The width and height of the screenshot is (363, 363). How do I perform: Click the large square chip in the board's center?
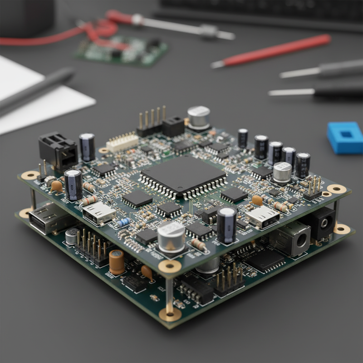pyautogui.click(x=183, y=175)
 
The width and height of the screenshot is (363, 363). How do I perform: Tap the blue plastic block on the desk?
pyautogui.click(x=346, y=137)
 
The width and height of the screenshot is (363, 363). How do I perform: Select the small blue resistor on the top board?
pyautogui.click(x=123, y=222)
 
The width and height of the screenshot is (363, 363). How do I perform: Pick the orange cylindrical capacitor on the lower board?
pyautogui.click(x=117, y=262)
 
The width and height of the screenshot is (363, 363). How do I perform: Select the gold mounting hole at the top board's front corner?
pyautogui.click(x=170, y=266)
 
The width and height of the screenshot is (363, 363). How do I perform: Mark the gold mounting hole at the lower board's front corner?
pyautogui.click(x=170, y=313)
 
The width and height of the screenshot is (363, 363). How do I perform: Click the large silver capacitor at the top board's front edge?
pyautogui.click(x=171, y=236)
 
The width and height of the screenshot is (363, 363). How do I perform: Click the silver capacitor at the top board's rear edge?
pyautogui.click(x=199, y=117)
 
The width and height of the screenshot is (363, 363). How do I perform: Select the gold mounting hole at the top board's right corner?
pyautogui.click(x=337, y=189)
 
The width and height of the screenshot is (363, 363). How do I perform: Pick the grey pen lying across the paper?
pyautogui.click(x=36, y=88)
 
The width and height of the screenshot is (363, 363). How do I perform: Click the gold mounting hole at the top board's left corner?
pyautogui.click(x=30, y=175)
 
